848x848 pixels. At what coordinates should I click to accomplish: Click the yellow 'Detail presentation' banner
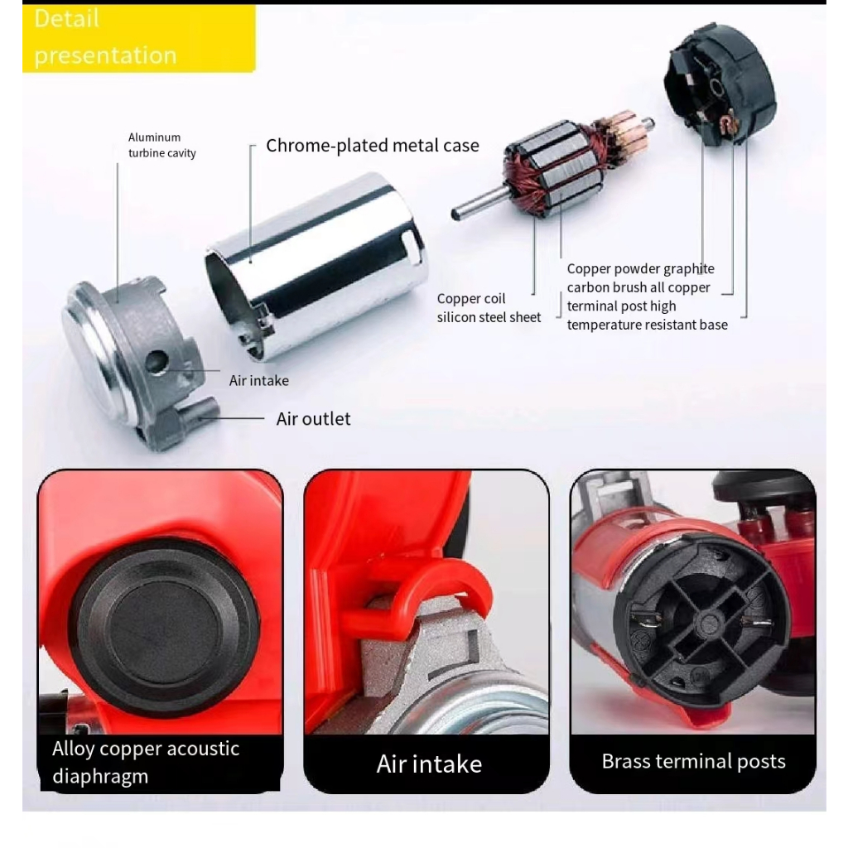138,38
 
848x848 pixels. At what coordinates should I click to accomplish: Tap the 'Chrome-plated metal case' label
372,146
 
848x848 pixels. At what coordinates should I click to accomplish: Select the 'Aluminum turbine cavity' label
161,145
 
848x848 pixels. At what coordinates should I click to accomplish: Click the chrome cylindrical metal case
317,265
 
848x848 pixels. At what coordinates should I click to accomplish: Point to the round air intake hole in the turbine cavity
157,361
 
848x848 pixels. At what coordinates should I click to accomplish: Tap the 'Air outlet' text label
313,418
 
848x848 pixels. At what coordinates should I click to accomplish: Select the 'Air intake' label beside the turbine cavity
258,381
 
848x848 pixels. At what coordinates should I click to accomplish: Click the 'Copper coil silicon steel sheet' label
489,308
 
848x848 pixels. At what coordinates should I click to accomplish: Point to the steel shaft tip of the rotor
457,214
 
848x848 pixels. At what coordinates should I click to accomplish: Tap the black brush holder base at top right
720,82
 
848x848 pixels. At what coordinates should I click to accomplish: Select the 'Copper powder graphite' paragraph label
647,297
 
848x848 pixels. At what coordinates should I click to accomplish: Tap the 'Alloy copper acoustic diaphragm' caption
146,762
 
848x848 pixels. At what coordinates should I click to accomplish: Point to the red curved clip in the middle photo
427,590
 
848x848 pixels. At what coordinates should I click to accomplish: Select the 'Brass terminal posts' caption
693,762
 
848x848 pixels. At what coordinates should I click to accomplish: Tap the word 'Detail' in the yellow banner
66,19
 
